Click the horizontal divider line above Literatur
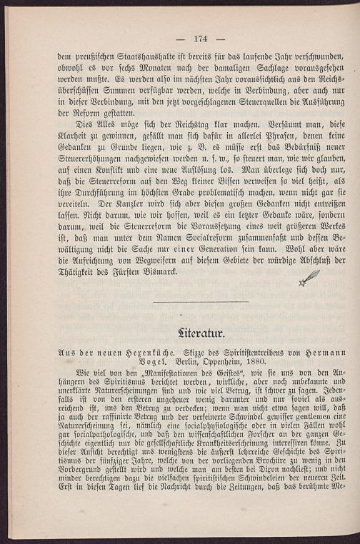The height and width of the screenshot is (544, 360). tap(201, 302)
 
